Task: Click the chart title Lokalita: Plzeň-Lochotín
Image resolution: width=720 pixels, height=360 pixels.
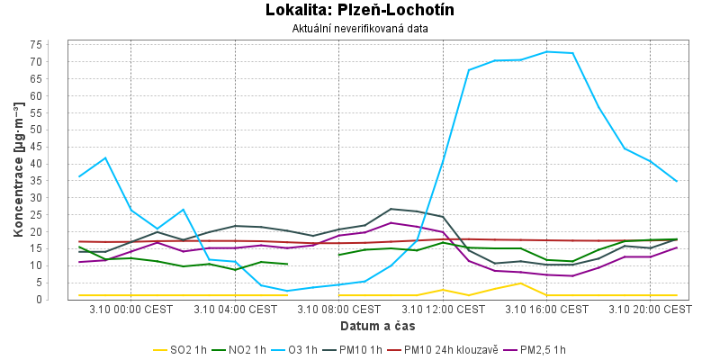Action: (x=359, y=11)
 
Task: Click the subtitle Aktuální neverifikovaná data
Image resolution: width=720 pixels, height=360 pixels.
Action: (x=359, y=29)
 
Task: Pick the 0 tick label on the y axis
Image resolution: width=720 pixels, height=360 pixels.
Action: (x=58, y=300)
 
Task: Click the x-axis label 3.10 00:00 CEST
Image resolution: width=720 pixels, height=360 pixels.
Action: (x=131, y=309)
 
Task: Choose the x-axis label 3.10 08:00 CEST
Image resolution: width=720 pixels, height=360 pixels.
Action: (x=339, y=309)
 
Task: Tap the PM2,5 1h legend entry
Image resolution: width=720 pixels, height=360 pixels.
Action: (x=537, y=349)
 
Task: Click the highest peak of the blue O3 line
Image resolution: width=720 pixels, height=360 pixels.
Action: (x=547, y=51)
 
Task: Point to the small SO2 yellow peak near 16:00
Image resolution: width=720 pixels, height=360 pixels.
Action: (x=521, y=283)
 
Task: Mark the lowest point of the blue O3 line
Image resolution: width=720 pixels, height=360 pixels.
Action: (x=287, y=291)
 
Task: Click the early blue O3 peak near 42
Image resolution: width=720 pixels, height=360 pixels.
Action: (x=105, y=157)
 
